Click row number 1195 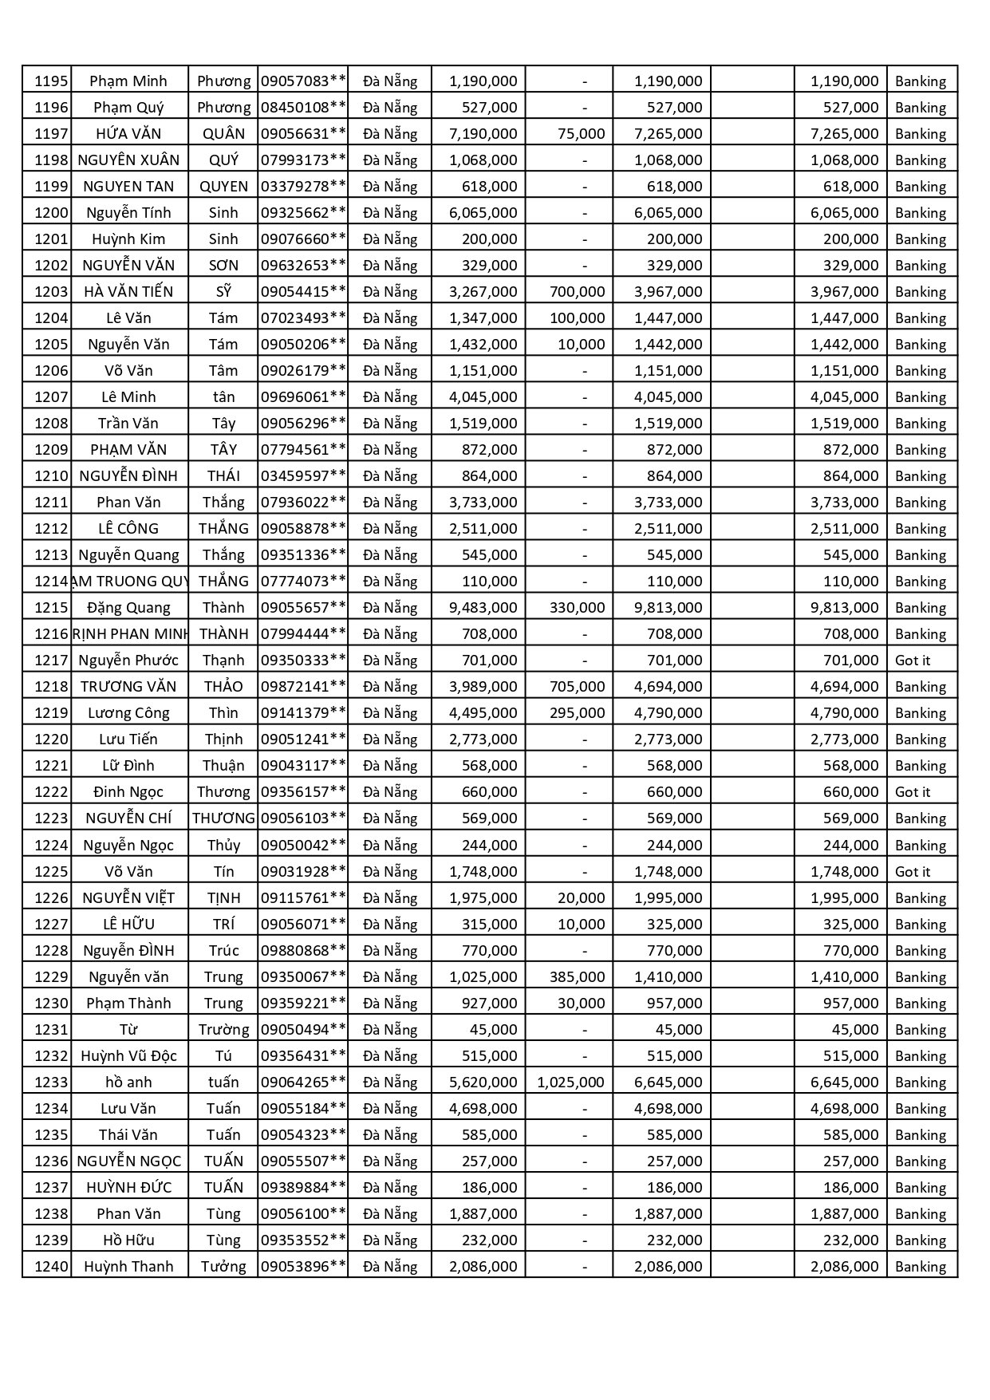pyautogui.click(x=51, y=81)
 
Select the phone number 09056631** pyautogui.click(x=303, y=133)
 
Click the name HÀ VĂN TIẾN pyautogui.click(x=128, y=291)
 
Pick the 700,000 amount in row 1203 pyautogui.click(x=577, y=291)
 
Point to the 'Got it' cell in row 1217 pyautogui.click(x=913, y=660)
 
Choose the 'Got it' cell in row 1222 pyautogui.click(x=913, y=791)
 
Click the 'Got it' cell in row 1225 pyautogui.click(x=913, y=871)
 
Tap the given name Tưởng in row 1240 pyautogui.click(x=223, y=1266)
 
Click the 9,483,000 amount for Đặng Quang pyautogui.click(x=483, y=607)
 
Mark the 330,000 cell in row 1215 pyautogui.click(x=577, y=607)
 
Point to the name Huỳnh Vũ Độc pyautogui.click(x=128, y=1055)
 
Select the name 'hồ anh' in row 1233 pyautogui.click(x=128, y=1082)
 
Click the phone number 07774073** pyautogui.click(x=303, y=581)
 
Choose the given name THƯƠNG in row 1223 pyautogui.click(x=223, y=818)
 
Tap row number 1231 pyautogui.click(x=51, y=1029)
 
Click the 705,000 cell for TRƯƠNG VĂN pyautogui.click(x=577, y=686)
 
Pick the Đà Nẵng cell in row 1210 pyautogui.click(x=390, y=475)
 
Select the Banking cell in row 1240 pyautogui.click(x=921, y=1266)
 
